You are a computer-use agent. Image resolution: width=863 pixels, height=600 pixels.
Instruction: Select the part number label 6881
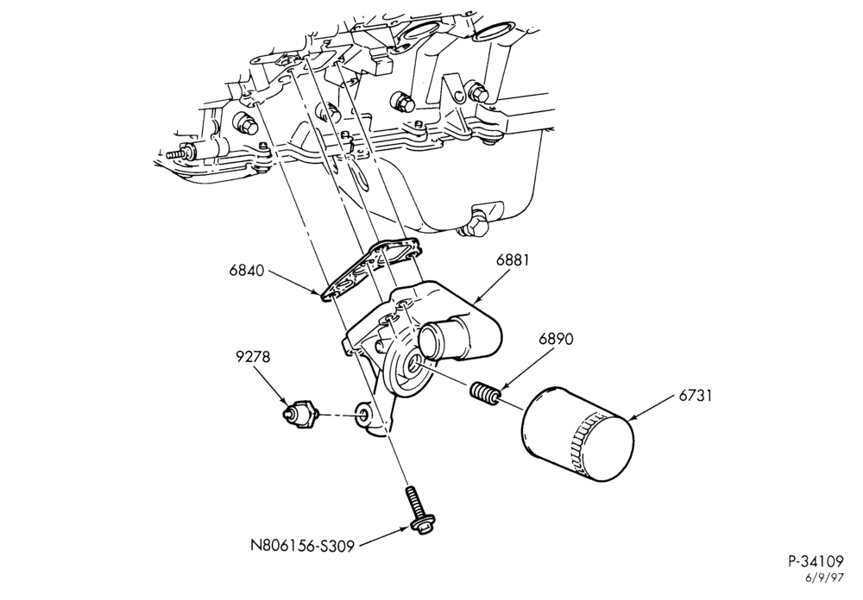click(512, 259)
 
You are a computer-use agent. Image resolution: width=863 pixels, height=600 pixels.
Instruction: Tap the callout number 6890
click(556, 340)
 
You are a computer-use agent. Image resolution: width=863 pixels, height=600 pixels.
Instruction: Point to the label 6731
click(695, 395)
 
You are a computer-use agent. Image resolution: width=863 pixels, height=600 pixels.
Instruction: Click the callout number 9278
click(253, 357)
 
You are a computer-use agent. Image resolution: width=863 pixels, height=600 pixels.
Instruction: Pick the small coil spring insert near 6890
click(485, 393)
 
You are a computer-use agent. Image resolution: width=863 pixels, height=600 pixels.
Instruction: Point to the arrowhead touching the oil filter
click(631, 420)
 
